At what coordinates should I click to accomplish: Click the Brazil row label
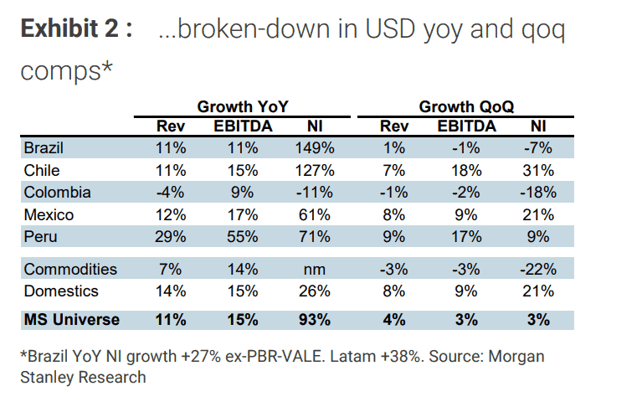tap(44, 149)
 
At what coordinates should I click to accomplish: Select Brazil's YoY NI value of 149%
tap(315, 149)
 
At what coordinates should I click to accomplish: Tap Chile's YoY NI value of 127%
tap(315, 171)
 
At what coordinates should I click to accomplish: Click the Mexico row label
tap(49, 215)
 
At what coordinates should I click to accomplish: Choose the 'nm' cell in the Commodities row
tap(315, 270)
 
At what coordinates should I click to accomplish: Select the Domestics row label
tap(61, 291)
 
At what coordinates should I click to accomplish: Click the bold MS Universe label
tap(72, 320)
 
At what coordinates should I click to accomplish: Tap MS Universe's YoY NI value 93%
tap(315, 320)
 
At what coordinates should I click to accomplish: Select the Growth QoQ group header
tap(466, 107)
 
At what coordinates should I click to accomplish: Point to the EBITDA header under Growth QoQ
tap(467, 126)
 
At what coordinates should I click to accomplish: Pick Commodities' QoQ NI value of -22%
tap(537, 270)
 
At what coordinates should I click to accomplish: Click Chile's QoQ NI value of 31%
tap(537, 171)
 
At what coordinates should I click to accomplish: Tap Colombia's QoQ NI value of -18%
tap(537, 193)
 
